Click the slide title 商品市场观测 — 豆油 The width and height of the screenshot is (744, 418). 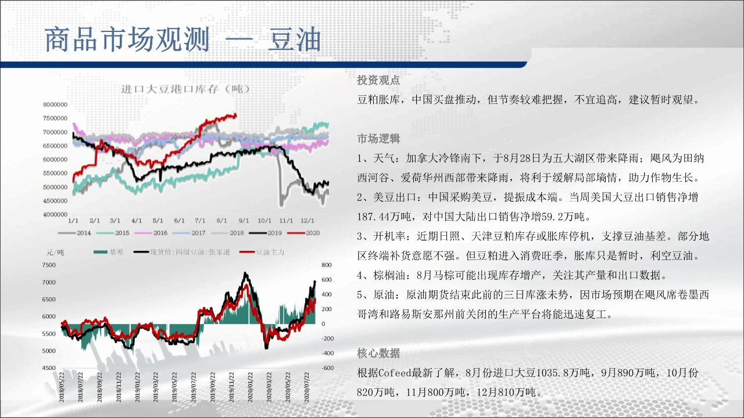183,40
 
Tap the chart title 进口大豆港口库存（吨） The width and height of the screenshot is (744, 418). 185,89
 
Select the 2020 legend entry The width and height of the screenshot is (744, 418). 304,233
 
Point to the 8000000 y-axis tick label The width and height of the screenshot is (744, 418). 55,105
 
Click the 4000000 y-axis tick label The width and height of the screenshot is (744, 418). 55,214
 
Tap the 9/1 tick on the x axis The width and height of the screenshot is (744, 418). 244,221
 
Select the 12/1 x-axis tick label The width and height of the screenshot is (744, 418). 307,221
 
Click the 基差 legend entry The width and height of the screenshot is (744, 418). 109,252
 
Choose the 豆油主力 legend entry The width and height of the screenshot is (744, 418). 262,252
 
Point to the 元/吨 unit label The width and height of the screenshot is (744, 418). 55,253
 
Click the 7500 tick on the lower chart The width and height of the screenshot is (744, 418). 49,265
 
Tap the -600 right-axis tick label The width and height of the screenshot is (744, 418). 327,367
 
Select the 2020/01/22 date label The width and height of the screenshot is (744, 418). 250,387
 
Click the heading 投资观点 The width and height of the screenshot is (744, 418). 378,80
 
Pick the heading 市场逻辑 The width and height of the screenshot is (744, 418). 378,138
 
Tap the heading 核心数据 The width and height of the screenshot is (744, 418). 378,353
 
